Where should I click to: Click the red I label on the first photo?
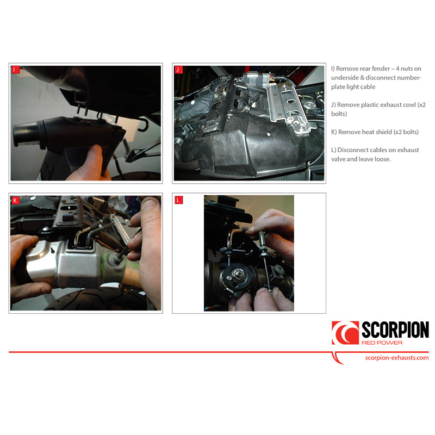coord(15,70)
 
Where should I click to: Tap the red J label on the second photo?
coord(178,70)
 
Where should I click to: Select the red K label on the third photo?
coord(15,200)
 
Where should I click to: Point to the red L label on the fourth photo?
coord(179,200)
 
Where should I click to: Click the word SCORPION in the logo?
coord(395,330)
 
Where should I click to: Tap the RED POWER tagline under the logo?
coord(382,343)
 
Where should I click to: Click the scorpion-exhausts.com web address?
coord(397,358)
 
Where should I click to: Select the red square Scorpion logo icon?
coord(345,333)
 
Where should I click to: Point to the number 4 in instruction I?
coord(397,69)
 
